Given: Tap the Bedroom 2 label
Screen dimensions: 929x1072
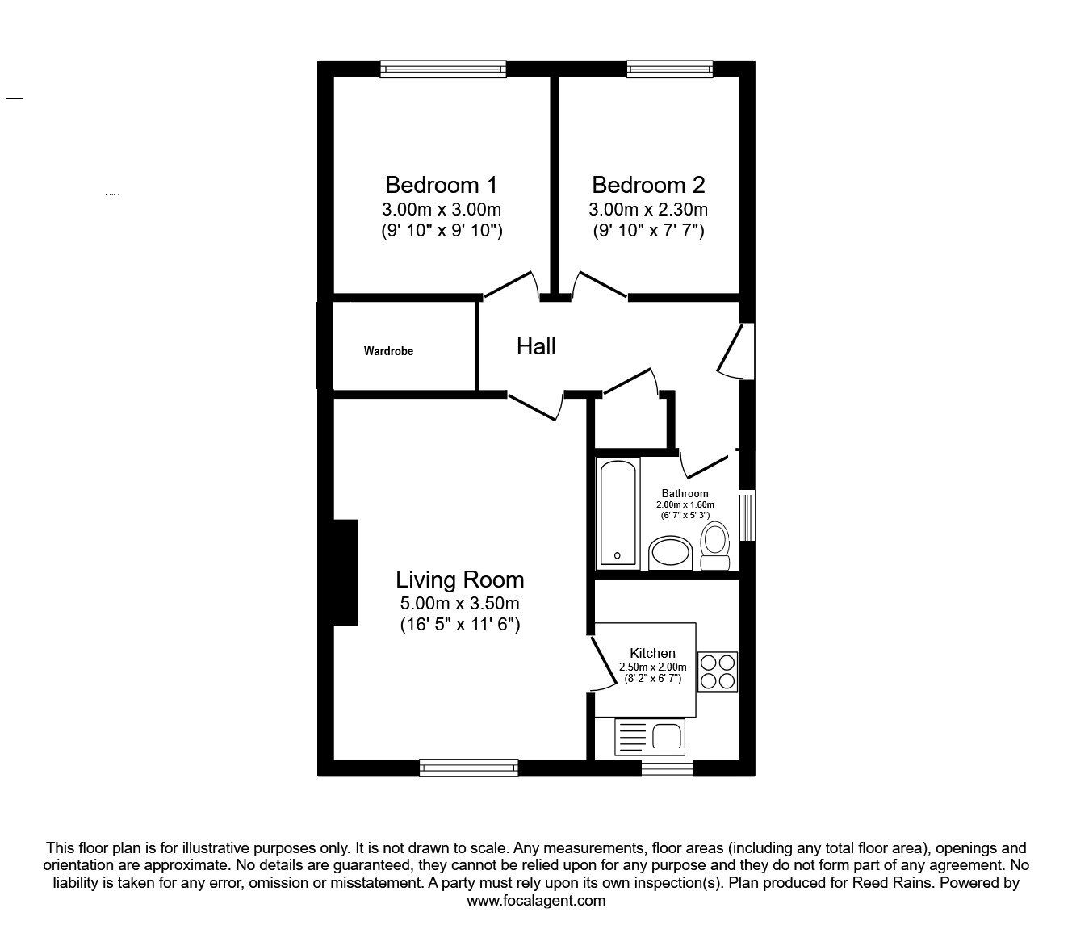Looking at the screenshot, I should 648,185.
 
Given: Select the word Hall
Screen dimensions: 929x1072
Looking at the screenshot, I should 536,346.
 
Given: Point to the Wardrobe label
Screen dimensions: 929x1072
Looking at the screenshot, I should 388,351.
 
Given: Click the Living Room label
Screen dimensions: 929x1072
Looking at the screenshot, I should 459,580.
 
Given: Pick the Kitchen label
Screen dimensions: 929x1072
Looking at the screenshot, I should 652,653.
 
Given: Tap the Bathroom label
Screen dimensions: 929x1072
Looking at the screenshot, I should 685,493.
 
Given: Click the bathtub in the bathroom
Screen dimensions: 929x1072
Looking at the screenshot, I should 619,513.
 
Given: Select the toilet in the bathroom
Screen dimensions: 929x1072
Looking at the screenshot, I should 714,546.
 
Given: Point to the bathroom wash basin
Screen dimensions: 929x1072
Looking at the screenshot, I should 671,554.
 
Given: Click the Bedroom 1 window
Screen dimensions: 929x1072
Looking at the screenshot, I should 443,69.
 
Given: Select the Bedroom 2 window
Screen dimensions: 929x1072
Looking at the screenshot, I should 670,69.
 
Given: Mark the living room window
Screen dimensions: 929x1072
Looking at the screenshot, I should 468,768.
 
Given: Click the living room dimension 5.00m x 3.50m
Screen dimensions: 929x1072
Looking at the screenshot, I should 459,603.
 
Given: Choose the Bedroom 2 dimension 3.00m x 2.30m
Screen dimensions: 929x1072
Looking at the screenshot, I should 648,210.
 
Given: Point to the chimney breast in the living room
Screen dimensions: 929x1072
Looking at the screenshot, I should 345,572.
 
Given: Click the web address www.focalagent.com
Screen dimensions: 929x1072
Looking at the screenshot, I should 536,901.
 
